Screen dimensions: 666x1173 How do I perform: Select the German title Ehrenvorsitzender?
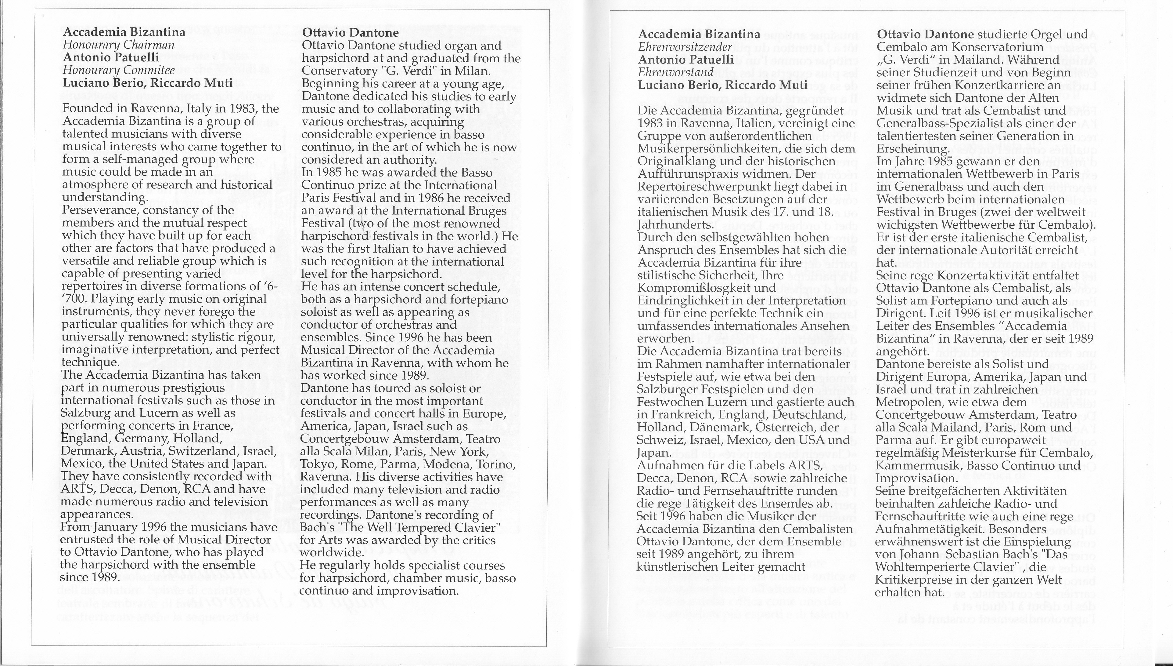pos(685,47)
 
